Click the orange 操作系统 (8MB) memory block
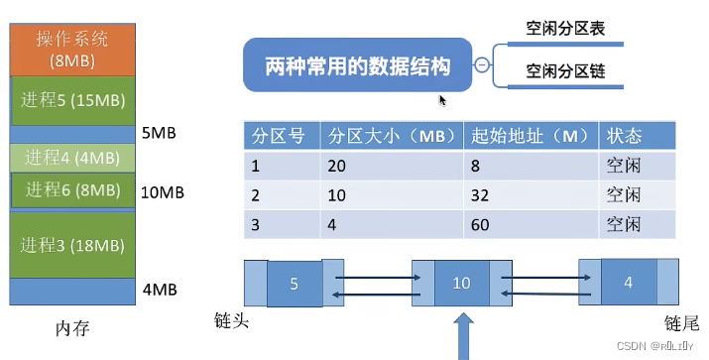(x=71, y=49)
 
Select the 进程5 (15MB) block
(x=71, y=99)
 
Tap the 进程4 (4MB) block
(x=71, y=157)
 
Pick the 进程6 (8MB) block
(x=71, y=189)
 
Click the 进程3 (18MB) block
(x=71, y=244)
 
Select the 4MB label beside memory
(x=159, y=291)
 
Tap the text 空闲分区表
(x=565, y=30)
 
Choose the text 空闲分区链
(x=565, y=70)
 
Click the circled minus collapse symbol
(x=481, y=66)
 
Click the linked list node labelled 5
(x=294, y=283)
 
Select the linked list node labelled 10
(x=461, y=283)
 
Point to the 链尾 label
(x=683, y=322)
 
